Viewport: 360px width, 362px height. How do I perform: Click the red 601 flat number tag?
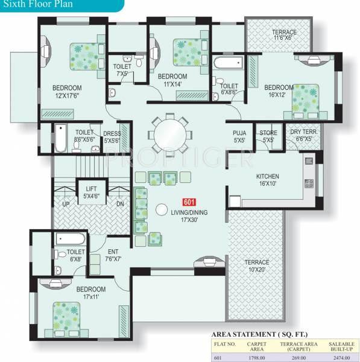pyautogui.click(x=188, y=203)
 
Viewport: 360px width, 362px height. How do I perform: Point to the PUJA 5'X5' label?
pyautogui.click(x=239, y=136)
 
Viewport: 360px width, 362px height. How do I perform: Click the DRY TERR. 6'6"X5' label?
pyautogui.click(x=303, y=135)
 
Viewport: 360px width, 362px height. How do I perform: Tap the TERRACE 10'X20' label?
pyautogui.click(x=257, y=266)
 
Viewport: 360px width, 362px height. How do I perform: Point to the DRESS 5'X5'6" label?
pyautogui.click(x=112, y=137)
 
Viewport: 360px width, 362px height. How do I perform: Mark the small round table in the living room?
pyautogui.click(x=162, y=210)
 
